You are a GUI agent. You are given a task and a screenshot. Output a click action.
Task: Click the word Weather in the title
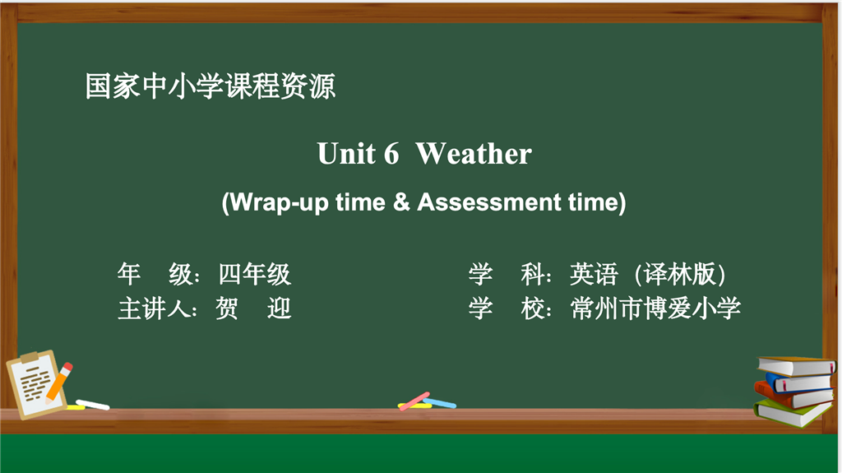(x=474, y=154)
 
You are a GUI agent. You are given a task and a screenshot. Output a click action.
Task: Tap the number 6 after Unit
(x=391, y=154)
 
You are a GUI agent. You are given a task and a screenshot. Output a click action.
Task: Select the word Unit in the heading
(x=346, y=154)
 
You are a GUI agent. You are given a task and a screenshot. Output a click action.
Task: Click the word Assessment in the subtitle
(x=489, y=202)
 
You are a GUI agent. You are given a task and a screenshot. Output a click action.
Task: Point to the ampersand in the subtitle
(x=401, y=202)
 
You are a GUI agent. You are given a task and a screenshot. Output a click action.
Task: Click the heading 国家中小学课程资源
(x=210, y=86)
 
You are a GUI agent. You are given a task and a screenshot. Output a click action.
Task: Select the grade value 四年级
(x=255, y=274)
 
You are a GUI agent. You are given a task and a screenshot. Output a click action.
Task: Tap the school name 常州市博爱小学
(x=655, y=308)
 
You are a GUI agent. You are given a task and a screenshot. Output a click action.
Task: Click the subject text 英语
(x=594, y=274)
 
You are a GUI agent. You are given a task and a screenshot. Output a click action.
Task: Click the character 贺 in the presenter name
(x=227, y=309)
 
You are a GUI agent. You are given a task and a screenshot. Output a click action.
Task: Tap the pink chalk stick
(x=414, y=401)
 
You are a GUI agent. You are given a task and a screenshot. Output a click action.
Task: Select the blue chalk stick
(x=440, y=402)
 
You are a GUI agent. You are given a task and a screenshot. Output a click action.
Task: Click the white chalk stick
(x=92, y=404)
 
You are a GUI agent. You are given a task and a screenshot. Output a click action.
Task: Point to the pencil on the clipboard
(x=58, y=383)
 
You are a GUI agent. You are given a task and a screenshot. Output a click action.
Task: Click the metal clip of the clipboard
(x=30, y=357)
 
